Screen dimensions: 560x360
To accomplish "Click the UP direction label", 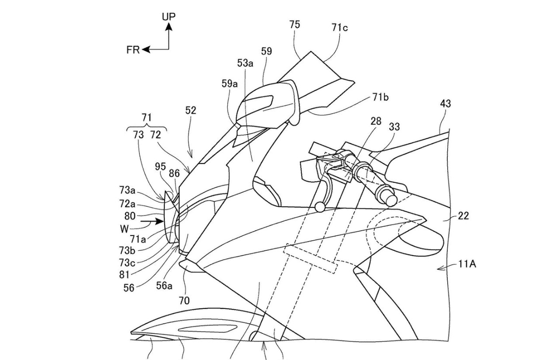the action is point(169,17).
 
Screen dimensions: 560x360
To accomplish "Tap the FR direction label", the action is point(133,50).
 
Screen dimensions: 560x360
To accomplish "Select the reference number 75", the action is point(295,25).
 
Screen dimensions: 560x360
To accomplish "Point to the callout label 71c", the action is point(339,28).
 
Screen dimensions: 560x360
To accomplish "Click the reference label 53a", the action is point(245,63).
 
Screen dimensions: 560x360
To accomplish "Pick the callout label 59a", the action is point(229,83).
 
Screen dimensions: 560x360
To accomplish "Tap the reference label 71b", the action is point(380,97).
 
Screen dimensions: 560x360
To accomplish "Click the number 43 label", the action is point(445,104).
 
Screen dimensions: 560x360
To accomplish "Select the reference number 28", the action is point(376,121).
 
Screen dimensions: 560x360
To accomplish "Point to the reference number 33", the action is point(394,127).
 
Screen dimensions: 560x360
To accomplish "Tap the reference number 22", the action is point(463,216).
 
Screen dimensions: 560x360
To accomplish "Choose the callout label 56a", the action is point(164,285).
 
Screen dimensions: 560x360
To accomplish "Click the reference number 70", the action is point(184,301).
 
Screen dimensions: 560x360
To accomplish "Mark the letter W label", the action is point(124,229).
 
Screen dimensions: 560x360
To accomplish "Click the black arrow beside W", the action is point(152,221).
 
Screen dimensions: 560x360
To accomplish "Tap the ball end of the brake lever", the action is point(319,207).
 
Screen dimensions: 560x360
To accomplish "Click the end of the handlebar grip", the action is point(391,200).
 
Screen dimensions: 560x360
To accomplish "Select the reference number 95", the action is point(160,167).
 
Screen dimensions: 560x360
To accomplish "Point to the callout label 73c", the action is point(127,263).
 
